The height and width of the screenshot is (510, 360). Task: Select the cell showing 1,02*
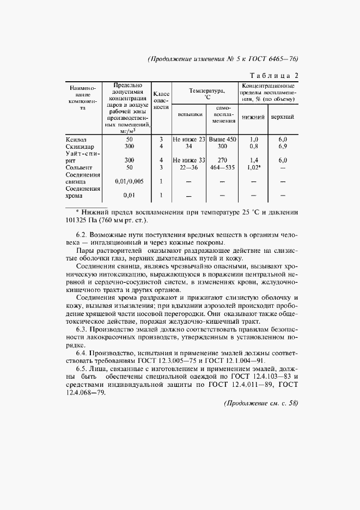253,168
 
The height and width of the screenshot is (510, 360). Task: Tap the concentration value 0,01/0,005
129,181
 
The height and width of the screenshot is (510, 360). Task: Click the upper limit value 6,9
283,147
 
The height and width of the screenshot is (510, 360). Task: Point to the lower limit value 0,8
253,147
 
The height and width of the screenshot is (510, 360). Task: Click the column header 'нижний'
253,117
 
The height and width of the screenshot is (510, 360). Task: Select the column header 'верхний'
283,117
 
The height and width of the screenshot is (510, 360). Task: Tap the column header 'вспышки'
188,115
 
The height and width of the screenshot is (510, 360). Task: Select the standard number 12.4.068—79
84,395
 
